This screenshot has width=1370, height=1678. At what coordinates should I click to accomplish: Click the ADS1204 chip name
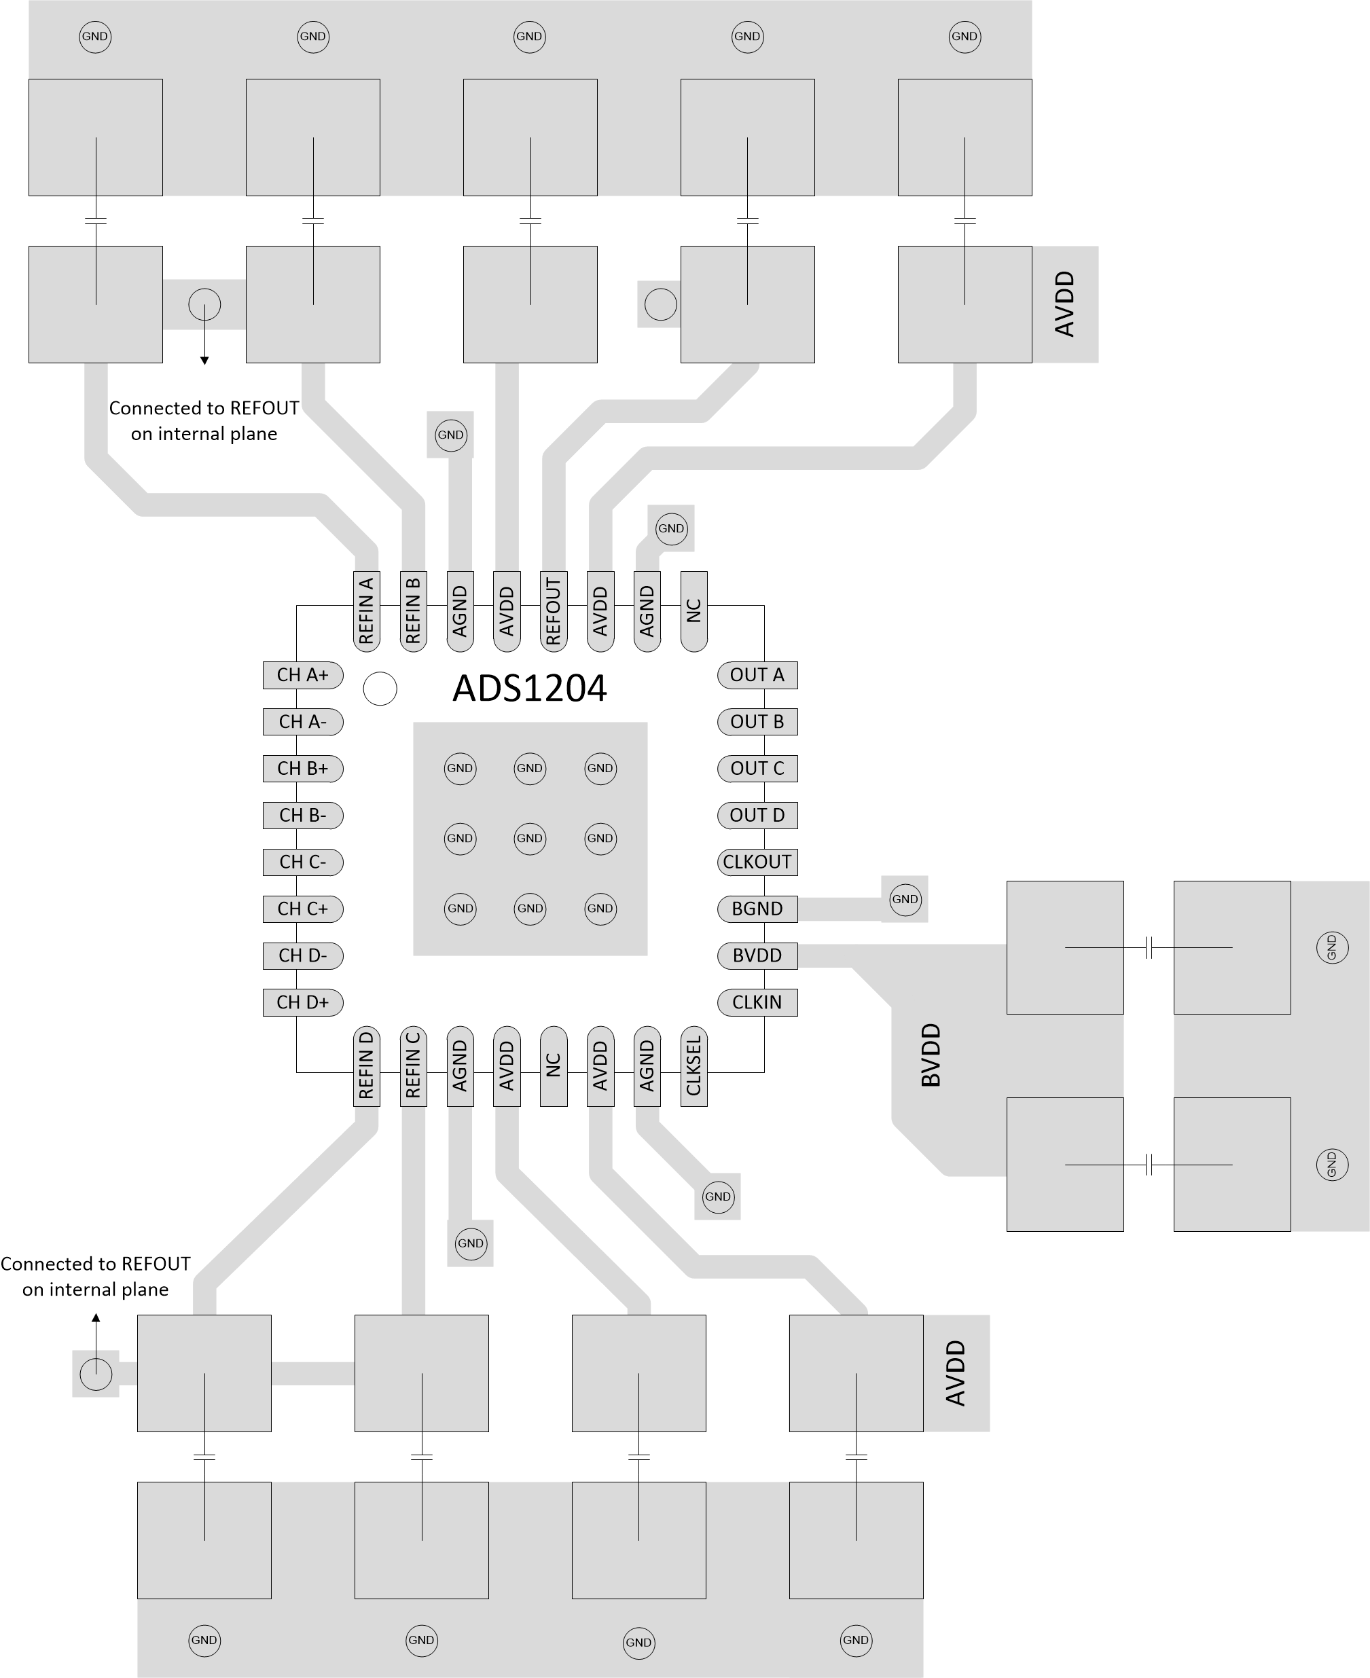click(x=530, y=688)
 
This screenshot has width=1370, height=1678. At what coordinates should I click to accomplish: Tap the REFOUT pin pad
click(x=553, y=611)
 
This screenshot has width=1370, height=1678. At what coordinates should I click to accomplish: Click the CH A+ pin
click(x=302, y=675)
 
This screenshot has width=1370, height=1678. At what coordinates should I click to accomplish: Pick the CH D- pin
click(x=302, y=955)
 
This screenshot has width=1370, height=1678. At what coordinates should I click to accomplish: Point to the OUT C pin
click(x=757, y=769)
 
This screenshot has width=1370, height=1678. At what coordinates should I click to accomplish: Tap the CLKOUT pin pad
click(x=757, y=862)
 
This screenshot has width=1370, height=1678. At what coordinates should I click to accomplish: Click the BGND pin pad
click(x=757, y=909)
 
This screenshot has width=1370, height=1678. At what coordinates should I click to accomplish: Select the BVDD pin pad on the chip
click(x=757, y=955)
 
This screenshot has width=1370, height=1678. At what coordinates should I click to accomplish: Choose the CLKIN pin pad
click(x=757, y=1002)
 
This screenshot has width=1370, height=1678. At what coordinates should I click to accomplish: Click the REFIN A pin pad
click(x=366, y=611)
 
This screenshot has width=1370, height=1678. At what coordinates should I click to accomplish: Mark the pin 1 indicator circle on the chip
click(x=380, y=689)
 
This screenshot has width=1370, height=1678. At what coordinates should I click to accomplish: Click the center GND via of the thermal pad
click(x=530, y=838)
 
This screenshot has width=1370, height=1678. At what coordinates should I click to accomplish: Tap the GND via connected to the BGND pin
click(x=904, y=899)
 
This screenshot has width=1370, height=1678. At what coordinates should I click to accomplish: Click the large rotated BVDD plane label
click(x=931, y=1055)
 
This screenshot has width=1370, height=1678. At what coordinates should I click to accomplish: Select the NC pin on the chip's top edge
click(x=693, y=611)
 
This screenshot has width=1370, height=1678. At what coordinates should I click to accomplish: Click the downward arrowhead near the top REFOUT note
click(x=204, y=361)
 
